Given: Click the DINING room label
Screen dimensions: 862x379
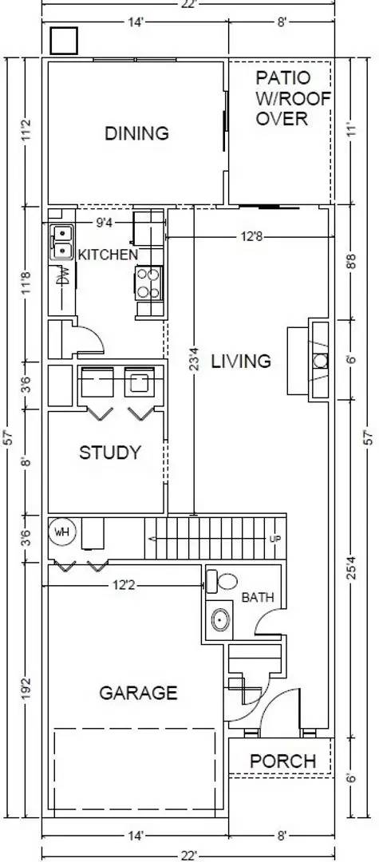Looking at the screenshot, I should click(137, 133).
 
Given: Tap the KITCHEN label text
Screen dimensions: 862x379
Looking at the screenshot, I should click(107, 255).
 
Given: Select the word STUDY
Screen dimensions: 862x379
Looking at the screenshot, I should click(110, 453).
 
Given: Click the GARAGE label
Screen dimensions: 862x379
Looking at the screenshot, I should click(137, 693).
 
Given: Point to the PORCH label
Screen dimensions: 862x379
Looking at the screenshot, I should click(283, 761).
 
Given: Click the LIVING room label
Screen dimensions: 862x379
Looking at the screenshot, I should click(241, 361).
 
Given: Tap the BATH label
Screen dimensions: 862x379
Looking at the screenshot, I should click(258, 597).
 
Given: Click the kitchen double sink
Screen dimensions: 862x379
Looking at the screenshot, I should click(62, 242).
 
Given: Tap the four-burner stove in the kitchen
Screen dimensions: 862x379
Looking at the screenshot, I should click(148, 282).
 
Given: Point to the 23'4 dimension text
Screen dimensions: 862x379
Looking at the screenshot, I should click(193, 357).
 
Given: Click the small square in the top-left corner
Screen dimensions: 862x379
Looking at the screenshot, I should click(63, 40).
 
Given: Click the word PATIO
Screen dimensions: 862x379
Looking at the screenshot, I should click(281, 78).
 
